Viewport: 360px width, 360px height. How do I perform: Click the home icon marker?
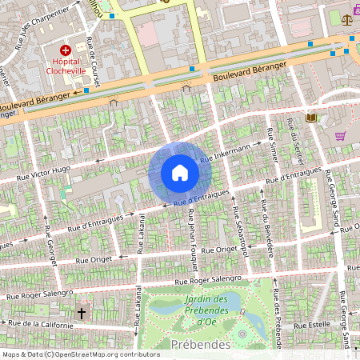coord(180,173)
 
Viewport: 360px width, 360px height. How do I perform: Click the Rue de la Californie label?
coord(40,324)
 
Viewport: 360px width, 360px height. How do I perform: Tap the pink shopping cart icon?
coord(341,135)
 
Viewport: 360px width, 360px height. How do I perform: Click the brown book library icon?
coord(311,118)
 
